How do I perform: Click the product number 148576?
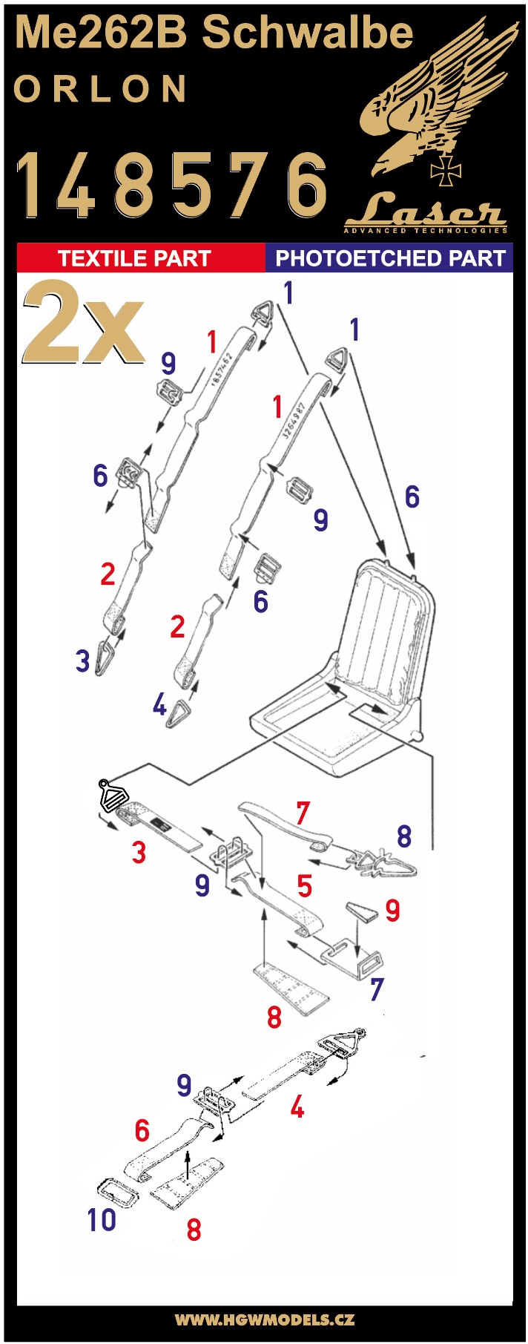click(172, 183)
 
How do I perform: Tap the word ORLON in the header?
click(101, 89)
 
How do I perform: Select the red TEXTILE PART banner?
click(141, 258)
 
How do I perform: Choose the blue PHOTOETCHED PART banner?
click(389, 258)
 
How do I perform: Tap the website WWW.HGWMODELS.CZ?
click(264, 1320)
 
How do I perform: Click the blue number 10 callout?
click(102, 1219)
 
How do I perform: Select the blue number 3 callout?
click(82, 660)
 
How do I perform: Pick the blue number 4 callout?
click(159, 704)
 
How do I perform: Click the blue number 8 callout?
click(403, 836)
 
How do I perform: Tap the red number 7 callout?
click(302, 813)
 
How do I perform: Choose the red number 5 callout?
click(304, 885)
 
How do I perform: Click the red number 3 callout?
click(139, 852)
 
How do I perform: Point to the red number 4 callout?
click(297, 1108)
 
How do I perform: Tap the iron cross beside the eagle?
click(445, 171)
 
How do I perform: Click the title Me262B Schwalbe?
click(214, 34)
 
